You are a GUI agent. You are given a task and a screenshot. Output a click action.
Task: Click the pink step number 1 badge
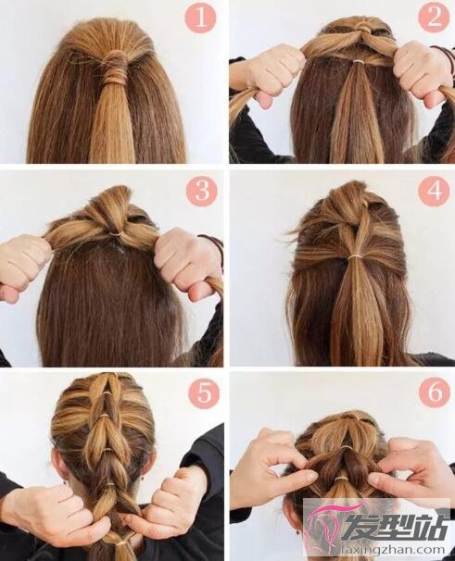coord(200,19)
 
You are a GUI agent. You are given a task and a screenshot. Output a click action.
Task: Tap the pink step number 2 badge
coord(434,16)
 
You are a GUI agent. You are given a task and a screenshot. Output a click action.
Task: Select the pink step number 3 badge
coord(202,189)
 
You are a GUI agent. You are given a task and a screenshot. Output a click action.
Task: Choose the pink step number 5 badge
coord(203,395)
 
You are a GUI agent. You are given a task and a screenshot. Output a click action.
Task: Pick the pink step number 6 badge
coord(435,392)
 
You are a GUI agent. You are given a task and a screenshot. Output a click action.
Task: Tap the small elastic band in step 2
coord(358,62)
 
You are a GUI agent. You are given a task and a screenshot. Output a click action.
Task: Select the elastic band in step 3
coord(116,233)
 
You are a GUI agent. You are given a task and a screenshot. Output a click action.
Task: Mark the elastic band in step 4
coord(355,256)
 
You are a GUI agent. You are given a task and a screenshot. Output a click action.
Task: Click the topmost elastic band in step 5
coord(106,393)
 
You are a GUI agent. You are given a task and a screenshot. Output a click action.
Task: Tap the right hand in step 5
coord(169,505)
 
